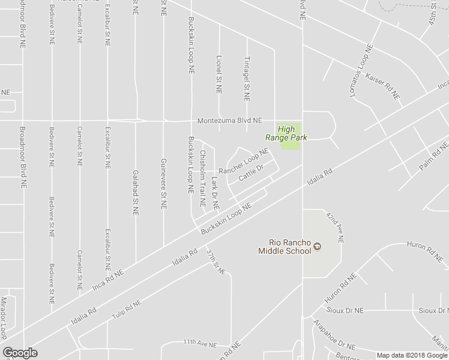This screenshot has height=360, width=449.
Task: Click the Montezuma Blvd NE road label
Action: click(x=231, y=121)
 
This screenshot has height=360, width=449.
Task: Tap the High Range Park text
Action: click(x=292, y=133)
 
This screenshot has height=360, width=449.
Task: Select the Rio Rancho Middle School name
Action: click(x=285, y=247)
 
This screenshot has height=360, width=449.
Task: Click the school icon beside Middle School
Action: click(x=318, y=247)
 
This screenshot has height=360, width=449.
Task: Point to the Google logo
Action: click(x=20, y=352)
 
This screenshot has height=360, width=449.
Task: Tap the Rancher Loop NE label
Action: click(x=243, y=162)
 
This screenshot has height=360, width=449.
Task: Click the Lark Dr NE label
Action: click(x=215, y=192)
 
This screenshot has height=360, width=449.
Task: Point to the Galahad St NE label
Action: click(x=136, y=192)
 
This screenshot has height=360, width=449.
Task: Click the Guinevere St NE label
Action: click(x=163, y=184)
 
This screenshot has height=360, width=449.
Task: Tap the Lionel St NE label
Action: click(x=218, y=74)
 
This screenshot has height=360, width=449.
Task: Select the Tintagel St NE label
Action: click(x=246, y=78)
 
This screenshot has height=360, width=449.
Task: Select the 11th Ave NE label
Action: click(x=199, y=343)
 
